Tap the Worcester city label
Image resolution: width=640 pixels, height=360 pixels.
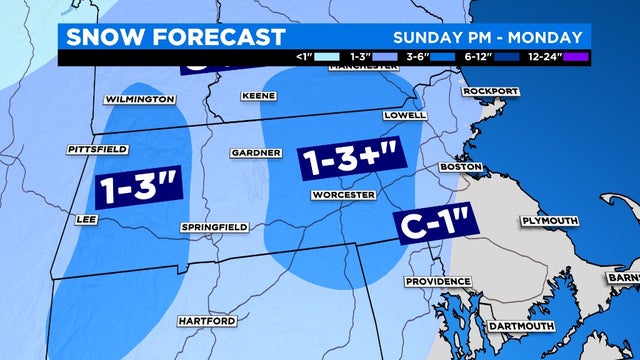coord(342,193)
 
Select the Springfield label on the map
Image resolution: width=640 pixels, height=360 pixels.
coord(211,228)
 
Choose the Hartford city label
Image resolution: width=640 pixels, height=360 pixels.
coord(207,321)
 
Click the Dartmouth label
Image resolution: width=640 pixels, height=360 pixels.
coord(520,327)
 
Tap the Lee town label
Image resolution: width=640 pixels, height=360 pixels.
coord(86,217)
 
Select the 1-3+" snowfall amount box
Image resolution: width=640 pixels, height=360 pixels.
coord(345,161)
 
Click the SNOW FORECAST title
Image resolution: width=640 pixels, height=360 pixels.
coord(172,38)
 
